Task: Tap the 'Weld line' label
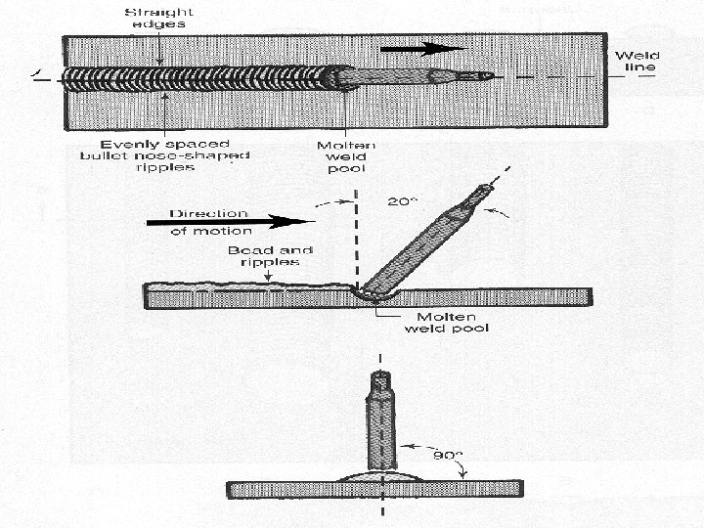click(x=637, y=62)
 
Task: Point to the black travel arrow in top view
click(x=421, y=48)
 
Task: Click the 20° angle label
click(x=400, y=202)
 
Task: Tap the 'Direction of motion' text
click(x=209, y=222)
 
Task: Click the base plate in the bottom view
click(x=293, y=489)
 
